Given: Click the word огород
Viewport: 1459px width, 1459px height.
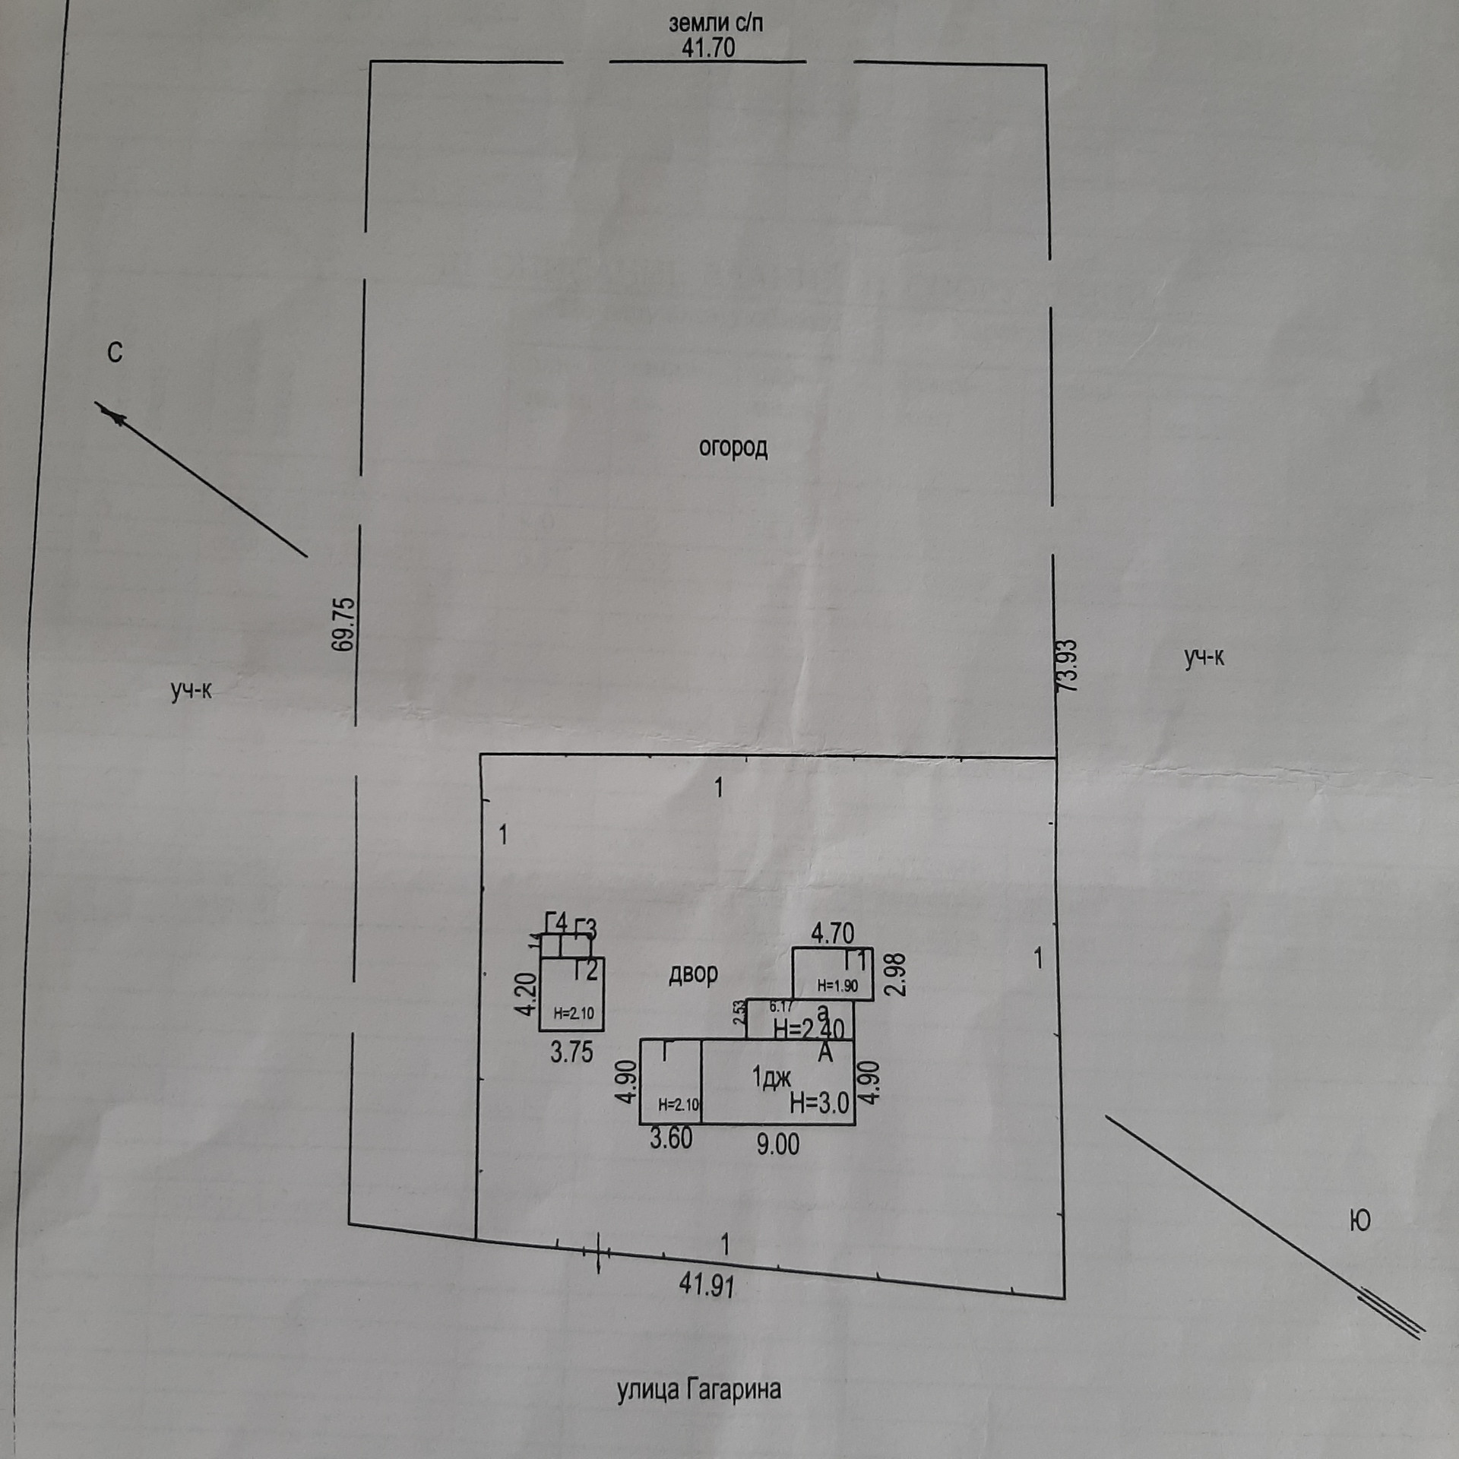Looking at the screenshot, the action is [733, 448].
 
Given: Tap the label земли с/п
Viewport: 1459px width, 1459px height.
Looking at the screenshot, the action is [715, 23].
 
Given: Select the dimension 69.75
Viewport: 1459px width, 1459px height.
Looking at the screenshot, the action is [343, 624].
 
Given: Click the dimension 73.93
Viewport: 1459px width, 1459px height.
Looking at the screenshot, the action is [1068, 666].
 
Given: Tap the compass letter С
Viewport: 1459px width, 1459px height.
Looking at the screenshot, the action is [115, 353].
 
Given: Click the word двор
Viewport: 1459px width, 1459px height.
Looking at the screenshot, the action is [693, 973].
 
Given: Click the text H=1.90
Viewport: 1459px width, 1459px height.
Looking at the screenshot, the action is [837, 986].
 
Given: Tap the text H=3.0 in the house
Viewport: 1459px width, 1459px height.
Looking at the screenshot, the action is [819, 1103].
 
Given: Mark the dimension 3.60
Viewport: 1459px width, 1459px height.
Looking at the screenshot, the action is [671, 1138].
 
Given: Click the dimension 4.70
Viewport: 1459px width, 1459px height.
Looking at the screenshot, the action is [832, 933].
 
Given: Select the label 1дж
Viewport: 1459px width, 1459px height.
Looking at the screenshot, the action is [771, 1077].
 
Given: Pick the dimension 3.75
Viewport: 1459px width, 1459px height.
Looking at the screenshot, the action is [571, 1052].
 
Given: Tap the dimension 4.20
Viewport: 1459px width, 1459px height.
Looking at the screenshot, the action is [526, 995].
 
